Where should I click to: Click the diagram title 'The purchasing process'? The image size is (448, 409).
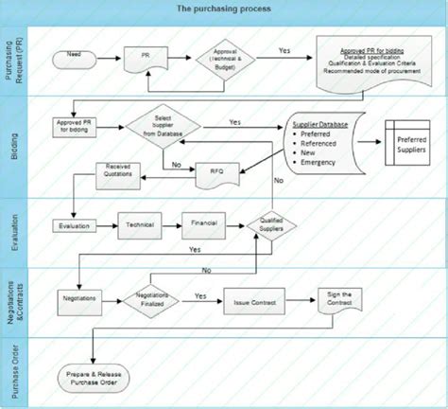click(224, 9)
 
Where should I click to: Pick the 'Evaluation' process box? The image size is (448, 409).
click(76, 227)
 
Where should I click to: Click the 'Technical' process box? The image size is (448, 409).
click(141, 227)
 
